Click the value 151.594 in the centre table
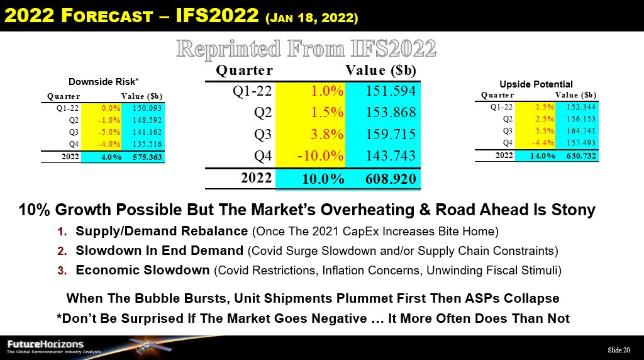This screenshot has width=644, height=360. [x=391, y=91]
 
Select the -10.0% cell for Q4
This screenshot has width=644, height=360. [x=320, y=155]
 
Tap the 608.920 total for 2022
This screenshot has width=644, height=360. [x=391, y=179]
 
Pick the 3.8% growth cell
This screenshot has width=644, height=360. [x=327, y=135]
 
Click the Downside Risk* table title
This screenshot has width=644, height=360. [x=104, y=82]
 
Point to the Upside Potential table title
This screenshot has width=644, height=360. [x=536, y=84]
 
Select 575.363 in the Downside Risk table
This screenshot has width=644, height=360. [x=147, y=157]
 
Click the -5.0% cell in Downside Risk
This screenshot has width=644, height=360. [x=109, y=132]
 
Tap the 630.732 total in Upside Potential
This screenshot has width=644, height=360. [x=580, y=155]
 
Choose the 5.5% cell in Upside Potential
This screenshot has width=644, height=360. [x=545, y=131]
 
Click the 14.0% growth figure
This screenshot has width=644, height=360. [x=543, y=155]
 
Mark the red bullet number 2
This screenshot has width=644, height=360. [x=62, y=251]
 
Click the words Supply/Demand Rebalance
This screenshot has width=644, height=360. [x=162, y=232]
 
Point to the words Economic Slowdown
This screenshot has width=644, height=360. [x=143, y=270]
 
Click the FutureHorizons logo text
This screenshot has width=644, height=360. [x=45, y=344]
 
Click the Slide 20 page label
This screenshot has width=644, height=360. [x=619, y=350]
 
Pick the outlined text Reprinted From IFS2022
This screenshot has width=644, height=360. [x=306, y=48]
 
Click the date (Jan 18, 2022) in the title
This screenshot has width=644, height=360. [x=312, y=18]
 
